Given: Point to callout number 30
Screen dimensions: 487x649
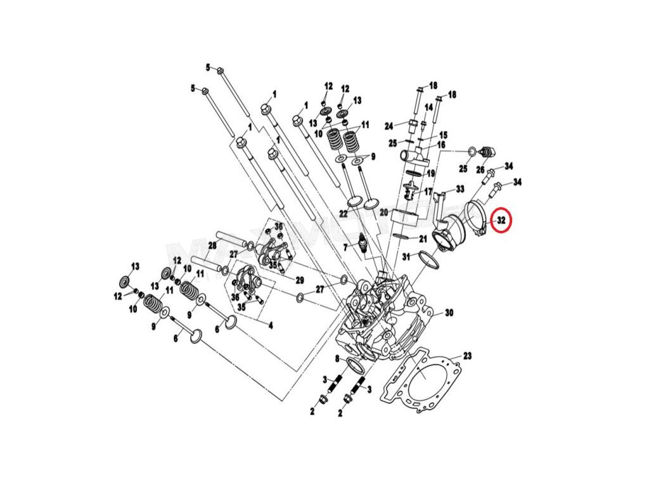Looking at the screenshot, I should pyautogui.click(x=449, y=313).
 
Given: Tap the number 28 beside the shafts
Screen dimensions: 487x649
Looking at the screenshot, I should pyautogui.click(x=212, y=245).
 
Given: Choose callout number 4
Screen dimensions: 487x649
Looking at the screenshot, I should pyautogui.click(x=270, y=326).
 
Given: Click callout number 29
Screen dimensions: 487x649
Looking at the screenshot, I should pyautogui.click(x=299, y=280).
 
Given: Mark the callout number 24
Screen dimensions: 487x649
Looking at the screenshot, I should pyautogui.click(x=389, y=125).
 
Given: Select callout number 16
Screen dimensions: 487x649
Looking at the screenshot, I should pyautogui.click(x=440, y=145).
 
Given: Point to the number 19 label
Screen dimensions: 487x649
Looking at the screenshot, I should pyautogui.click(x=430, y=173).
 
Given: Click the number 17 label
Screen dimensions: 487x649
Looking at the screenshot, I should pyautogui.click(x=428, y=191).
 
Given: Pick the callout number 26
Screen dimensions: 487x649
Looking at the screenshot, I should pyautogui.click(x=480, y=170).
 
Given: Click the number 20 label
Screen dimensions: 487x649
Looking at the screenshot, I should pyautogui.click(x=383, y=213).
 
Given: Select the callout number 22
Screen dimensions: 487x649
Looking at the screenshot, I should pyautogui.click(x=343, y=214).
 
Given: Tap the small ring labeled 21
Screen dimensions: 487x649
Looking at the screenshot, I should pyautogui.click(x=401, y=236).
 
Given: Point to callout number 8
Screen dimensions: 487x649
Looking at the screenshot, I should pyautogui.click(x=337, y=359).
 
